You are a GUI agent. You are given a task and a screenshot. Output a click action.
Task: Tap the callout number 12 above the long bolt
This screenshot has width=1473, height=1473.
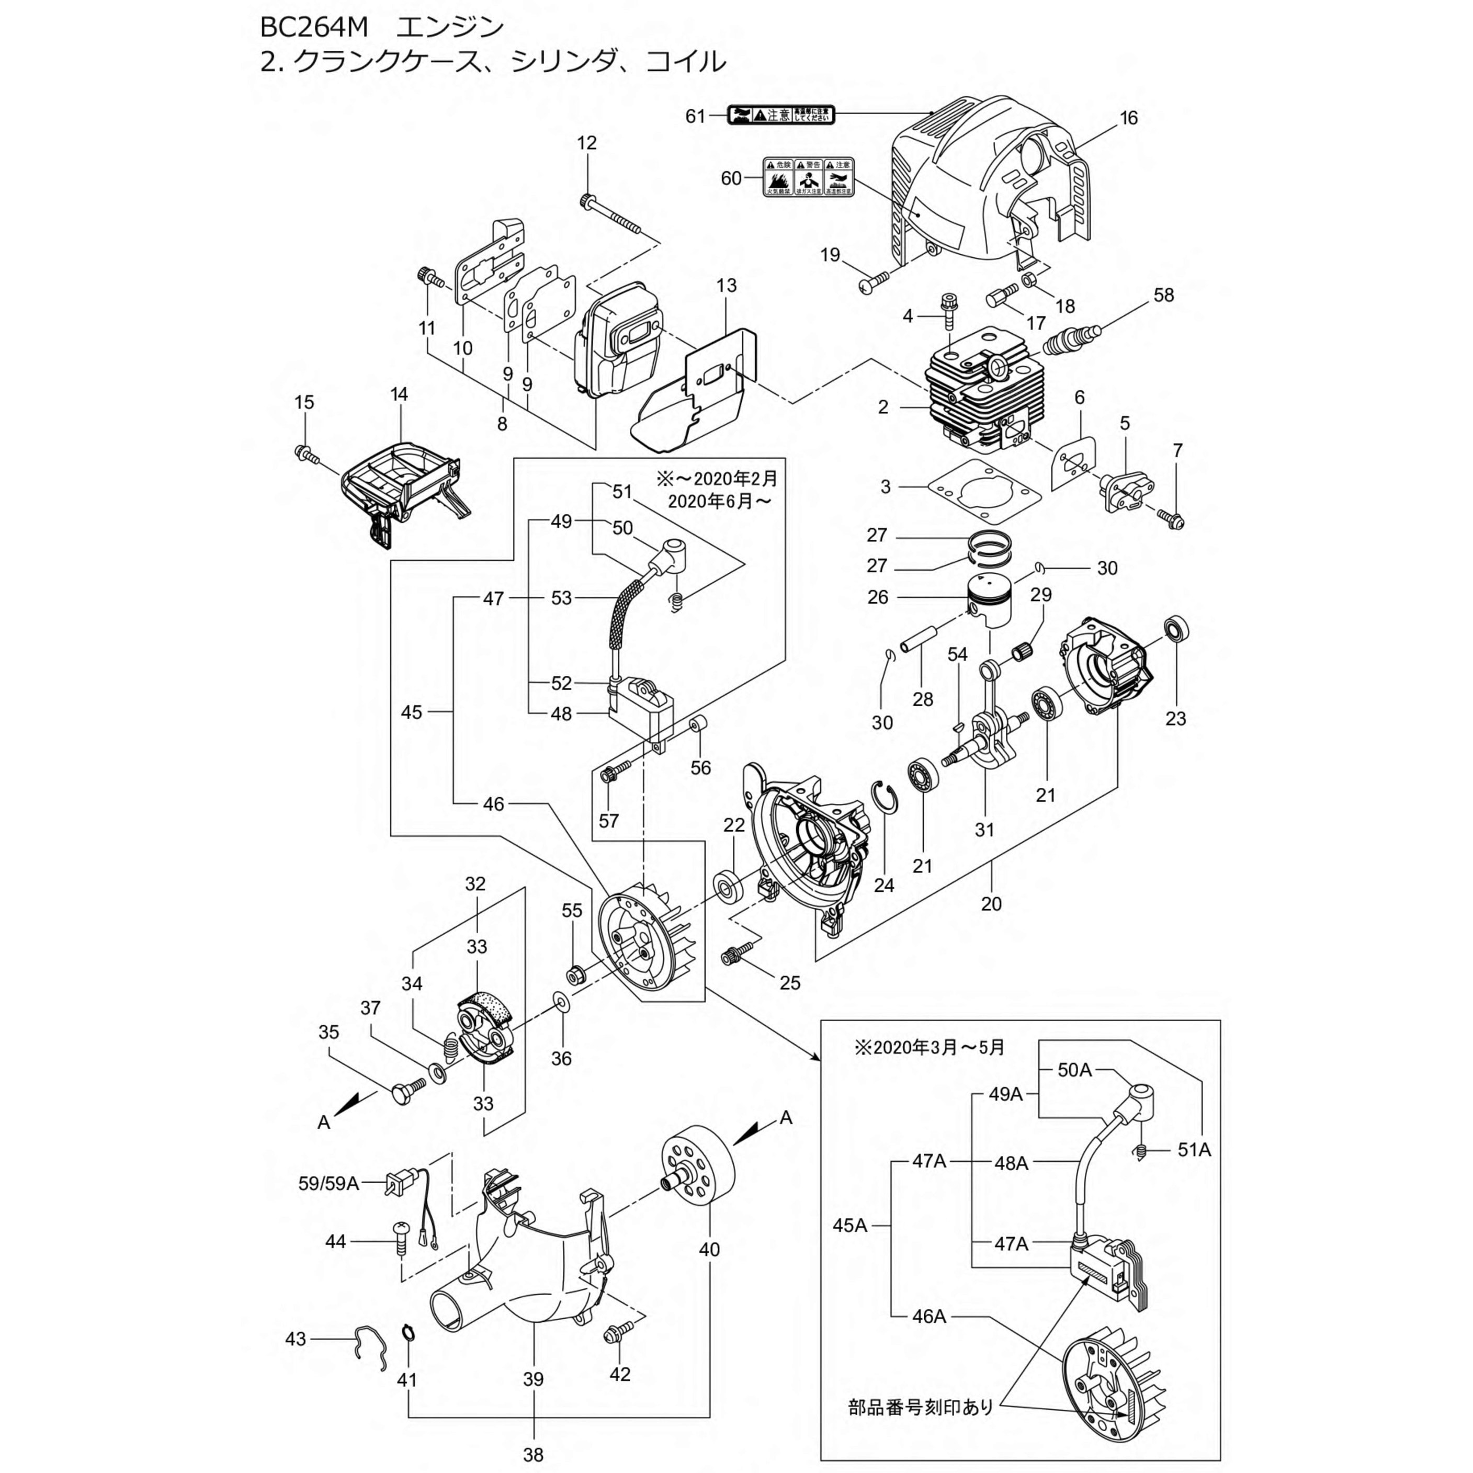tap(586, 143)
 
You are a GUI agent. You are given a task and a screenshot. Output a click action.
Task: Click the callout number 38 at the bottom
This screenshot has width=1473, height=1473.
tap(533, 1455)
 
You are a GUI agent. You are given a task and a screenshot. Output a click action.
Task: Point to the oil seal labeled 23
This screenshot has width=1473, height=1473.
tap(1176, 630)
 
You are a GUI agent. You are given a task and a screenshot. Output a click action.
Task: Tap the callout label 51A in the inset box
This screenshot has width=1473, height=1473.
tap(1194, 1150)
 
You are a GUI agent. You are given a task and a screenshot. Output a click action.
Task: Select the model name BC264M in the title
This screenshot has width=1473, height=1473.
tap(313, 27)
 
